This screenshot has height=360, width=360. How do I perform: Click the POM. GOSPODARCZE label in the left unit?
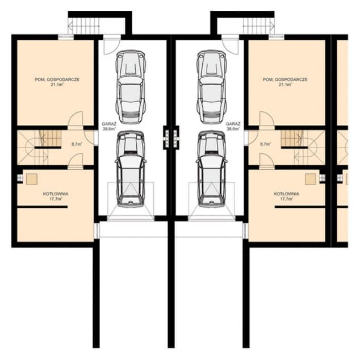click(56, 79)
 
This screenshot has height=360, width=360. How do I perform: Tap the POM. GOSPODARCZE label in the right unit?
click(284, 79)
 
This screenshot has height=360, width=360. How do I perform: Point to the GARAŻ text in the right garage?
click(233, 123)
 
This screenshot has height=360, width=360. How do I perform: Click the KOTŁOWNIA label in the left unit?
click(56, 194)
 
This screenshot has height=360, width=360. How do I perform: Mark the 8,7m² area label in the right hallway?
click(265, 144)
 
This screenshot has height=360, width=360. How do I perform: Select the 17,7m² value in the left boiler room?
click(56, 199)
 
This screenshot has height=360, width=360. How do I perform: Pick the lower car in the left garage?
click(130, 169)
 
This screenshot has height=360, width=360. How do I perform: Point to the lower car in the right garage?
click(211, 169)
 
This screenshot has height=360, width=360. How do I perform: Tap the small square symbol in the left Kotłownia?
click(32, 178)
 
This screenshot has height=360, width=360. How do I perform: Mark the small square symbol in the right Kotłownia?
click(310, 178)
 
